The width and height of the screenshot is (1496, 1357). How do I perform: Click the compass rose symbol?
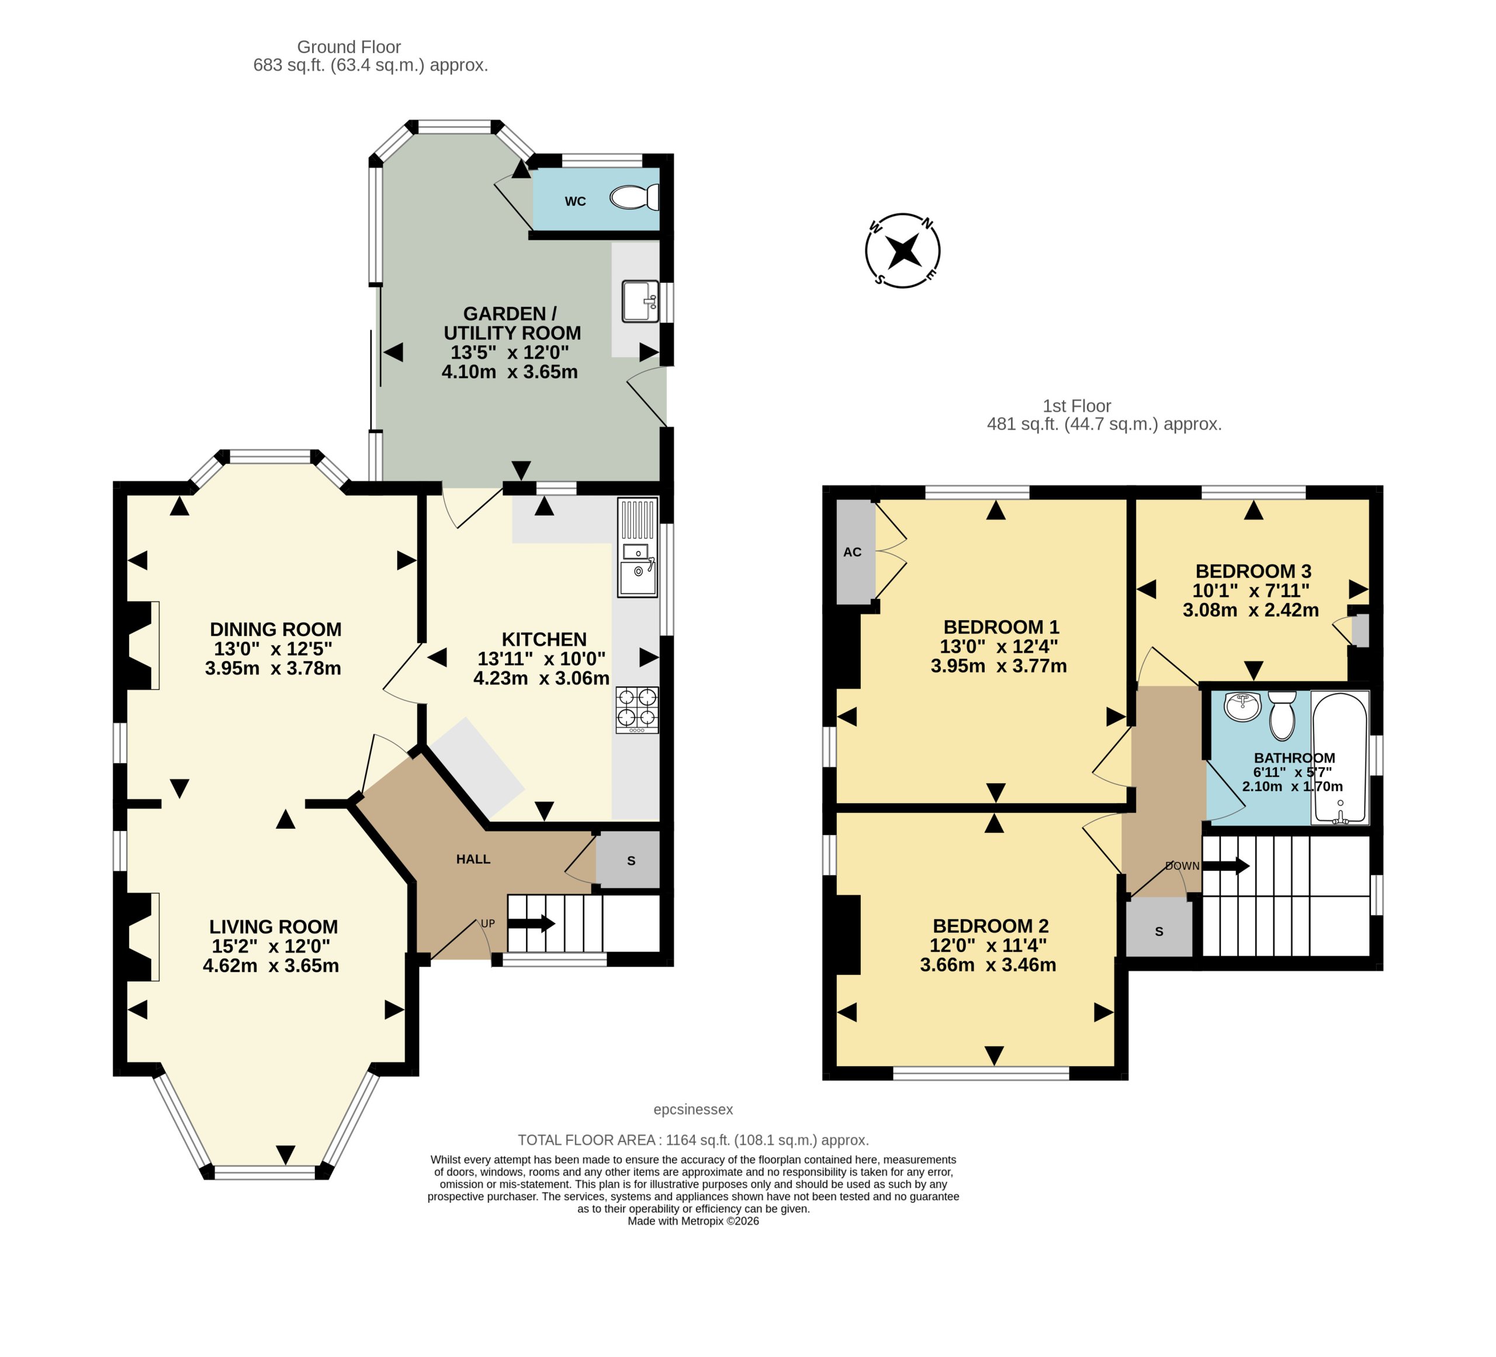pyautogui.click(x=903, y=251)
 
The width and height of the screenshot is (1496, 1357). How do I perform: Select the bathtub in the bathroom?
pyautogui.click(x=1339, y=757)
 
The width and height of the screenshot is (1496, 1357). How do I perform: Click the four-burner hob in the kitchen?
pyautogui.click(x=637, y=710)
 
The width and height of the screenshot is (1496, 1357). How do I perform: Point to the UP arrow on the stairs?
pyautogui.click(x=531, y=924)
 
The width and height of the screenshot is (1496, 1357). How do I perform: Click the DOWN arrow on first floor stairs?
pyautogui.click(x=1226, y=866)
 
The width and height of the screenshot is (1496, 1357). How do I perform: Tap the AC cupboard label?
pyautogui.click(x=853, y=552)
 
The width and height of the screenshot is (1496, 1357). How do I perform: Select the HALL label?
pyautogui.click(x=473, y=859)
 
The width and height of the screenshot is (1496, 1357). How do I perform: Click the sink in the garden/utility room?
pyautogui.click(x=640, y=300)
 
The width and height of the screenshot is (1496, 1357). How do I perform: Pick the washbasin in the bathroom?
pyautogui.click(x=1242, y=707)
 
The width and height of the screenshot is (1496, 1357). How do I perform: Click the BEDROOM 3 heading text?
pyautogui.click(x=1253, y=572)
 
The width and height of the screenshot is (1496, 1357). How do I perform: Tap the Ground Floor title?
pyautogui.click(x=349, y=47)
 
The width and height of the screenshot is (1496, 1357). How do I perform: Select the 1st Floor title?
pyautogui.click(x=1077, y=406)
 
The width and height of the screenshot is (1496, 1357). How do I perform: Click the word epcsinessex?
pyautogui.click(x=693, y=1109)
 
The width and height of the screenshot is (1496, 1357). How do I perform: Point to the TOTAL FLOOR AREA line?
pyautogui.click(x=693, y=1140)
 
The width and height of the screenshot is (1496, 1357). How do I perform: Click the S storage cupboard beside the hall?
pyautogui.click(x=629, y=859)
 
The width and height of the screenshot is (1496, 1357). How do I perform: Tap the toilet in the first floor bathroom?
pyautogui.click(x=1282, y=715)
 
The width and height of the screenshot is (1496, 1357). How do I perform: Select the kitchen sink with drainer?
pyautogui.click(x=638, y=547)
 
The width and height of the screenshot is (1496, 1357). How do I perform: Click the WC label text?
pyautogui.click(x=575, y=201)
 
